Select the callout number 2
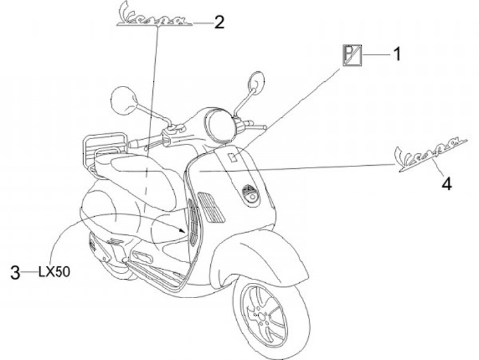tap(219, 23)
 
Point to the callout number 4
tap(446, 183)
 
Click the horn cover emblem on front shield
tap(251, 195)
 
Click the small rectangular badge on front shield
tap(232, 158)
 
